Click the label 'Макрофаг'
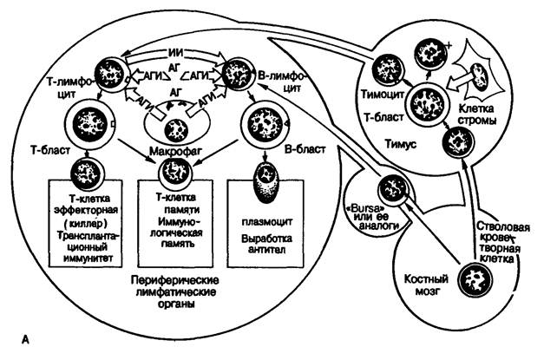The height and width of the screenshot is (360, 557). (175, 151)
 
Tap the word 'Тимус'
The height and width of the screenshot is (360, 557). (401, 145)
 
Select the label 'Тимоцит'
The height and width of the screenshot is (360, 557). (383, 95)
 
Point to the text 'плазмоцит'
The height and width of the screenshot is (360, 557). (266, 221)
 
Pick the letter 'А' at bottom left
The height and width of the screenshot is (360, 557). (25, 340)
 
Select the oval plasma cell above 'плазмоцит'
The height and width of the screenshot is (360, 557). (266, 182)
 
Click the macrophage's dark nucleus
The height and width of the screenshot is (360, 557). (176, 130)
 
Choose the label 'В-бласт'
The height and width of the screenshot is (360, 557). (305, 149)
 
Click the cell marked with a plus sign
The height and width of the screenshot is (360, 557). (430, 54)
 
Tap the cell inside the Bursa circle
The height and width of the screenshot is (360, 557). (392, 191)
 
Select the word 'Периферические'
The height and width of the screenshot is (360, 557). (174, 280)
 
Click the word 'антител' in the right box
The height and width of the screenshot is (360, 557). (266, 250)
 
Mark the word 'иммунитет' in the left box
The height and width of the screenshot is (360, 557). (88, 258)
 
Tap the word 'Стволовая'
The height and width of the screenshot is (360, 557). (503, 227)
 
